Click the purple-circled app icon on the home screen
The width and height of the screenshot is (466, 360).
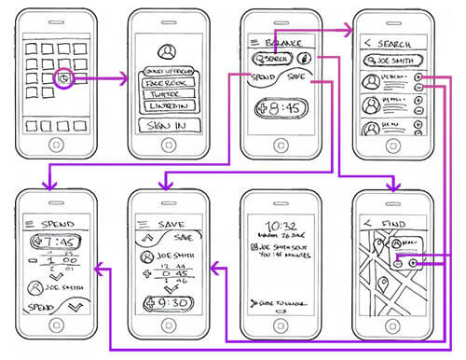click(x=62, y=80)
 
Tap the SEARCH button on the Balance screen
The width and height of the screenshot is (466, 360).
click(x=267, y=60)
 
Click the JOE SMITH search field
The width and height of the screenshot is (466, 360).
click(x=391, y=60)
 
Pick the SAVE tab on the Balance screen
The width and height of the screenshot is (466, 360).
click(x=296, y=76)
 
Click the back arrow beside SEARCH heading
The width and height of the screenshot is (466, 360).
click(x=367, y=43)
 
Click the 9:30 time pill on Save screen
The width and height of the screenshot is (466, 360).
click(x=166, y=304)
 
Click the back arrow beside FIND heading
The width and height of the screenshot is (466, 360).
click(x=367, y=223)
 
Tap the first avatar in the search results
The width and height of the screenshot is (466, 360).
click(x=370, y=80)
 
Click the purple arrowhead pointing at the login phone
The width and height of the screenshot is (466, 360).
click(x=125, y=80)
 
